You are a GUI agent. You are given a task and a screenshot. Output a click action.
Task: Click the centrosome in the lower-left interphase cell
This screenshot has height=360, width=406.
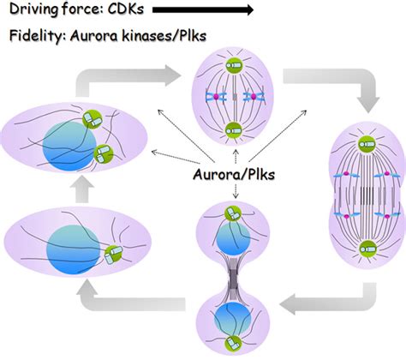110,252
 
